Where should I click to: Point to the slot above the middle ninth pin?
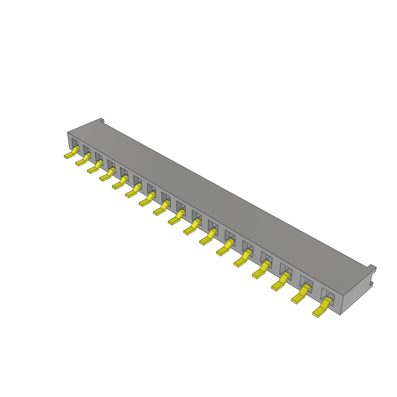click(x=181, y=205)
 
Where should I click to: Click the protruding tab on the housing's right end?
click(x=372, y=268)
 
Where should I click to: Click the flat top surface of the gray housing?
click(x=217, y=194)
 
